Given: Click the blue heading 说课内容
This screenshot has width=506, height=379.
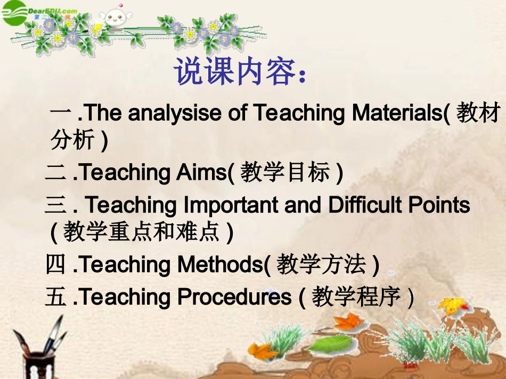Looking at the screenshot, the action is coord(235,71).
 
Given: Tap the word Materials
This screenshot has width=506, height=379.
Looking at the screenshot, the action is coord(397,113).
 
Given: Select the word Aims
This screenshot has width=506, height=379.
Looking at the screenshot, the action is coord(202,172).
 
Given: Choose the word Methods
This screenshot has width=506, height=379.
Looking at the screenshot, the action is coord(221,264).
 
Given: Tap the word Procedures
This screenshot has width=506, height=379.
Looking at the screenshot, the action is coord(234,297).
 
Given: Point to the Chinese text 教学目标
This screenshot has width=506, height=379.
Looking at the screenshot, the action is coord(285,172).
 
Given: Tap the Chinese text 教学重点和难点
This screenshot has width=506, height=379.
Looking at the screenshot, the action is coord(141,232).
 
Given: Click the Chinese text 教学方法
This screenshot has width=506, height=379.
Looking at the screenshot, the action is coord(321,264).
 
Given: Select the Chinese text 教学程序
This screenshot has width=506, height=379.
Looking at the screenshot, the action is coord(356,297).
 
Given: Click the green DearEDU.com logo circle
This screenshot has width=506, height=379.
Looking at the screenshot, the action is coord(13,12).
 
